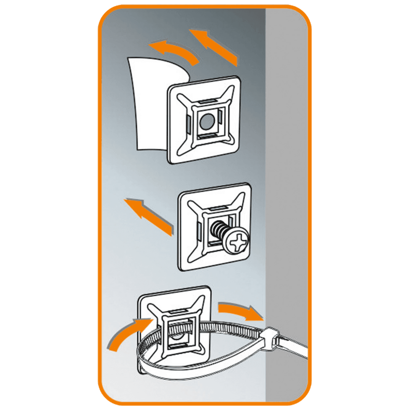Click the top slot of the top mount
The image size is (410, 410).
(207, 102)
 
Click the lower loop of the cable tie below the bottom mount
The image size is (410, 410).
(205, 370)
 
